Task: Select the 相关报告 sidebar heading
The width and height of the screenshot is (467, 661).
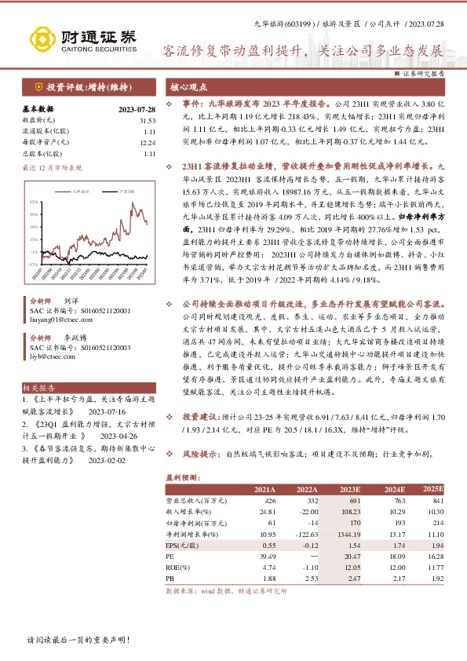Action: [x=37, y=388]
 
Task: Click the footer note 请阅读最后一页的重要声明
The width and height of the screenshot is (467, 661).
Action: [x=78, y=641]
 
